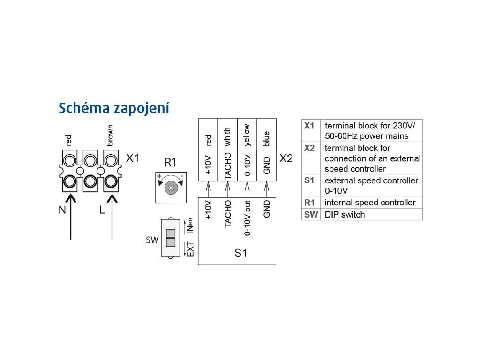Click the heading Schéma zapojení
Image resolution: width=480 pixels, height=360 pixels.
click(x=113, y=108)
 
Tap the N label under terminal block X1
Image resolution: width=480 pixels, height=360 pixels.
click(x=62, y=210)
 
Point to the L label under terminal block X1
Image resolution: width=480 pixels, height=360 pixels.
click(x=102, y=210)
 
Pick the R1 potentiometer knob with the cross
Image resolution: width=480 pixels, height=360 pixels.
click(x=171, y=188)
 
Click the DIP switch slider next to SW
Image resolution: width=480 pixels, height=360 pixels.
click(x=171, y=238)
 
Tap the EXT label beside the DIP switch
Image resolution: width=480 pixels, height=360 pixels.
click(x=190, y=247)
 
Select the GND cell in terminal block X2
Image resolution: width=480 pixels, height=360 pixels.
click(x=267, y=167)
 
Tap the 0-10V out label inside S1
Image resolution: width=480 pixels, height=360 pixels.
click(x=247, y=218)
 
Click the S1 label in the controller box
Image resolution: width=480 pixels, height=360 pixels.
click(x=240, y=253)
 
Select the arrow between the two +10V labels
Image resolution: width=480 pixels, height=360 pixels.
click(x=208, y=189)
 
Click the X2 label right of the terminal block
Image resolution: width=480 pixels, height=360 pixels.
click(x=286, y=158)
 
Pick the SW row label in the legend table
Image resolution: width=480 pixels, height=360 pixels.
click(x=309, y=215)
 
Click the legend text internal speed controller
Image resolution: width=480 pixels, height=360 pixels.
click(x=370, y=202)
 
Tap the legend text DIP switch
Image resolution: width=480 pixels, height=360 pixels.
click(x=344, y=215)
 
